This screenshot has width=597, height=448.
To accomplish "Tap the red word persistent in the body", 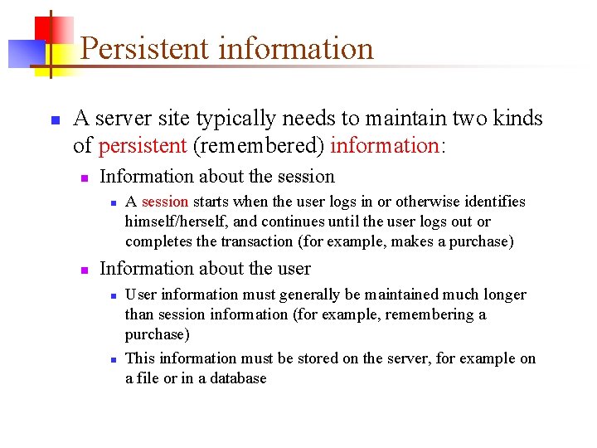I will point(143,146).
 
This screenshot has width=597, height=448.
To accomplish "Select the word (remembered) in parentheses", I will point(259,146).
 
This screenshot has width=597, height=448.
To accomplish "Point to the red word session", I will point(165,202).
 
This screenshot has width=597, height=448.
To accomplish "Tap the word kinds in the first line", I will point(519,119).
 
